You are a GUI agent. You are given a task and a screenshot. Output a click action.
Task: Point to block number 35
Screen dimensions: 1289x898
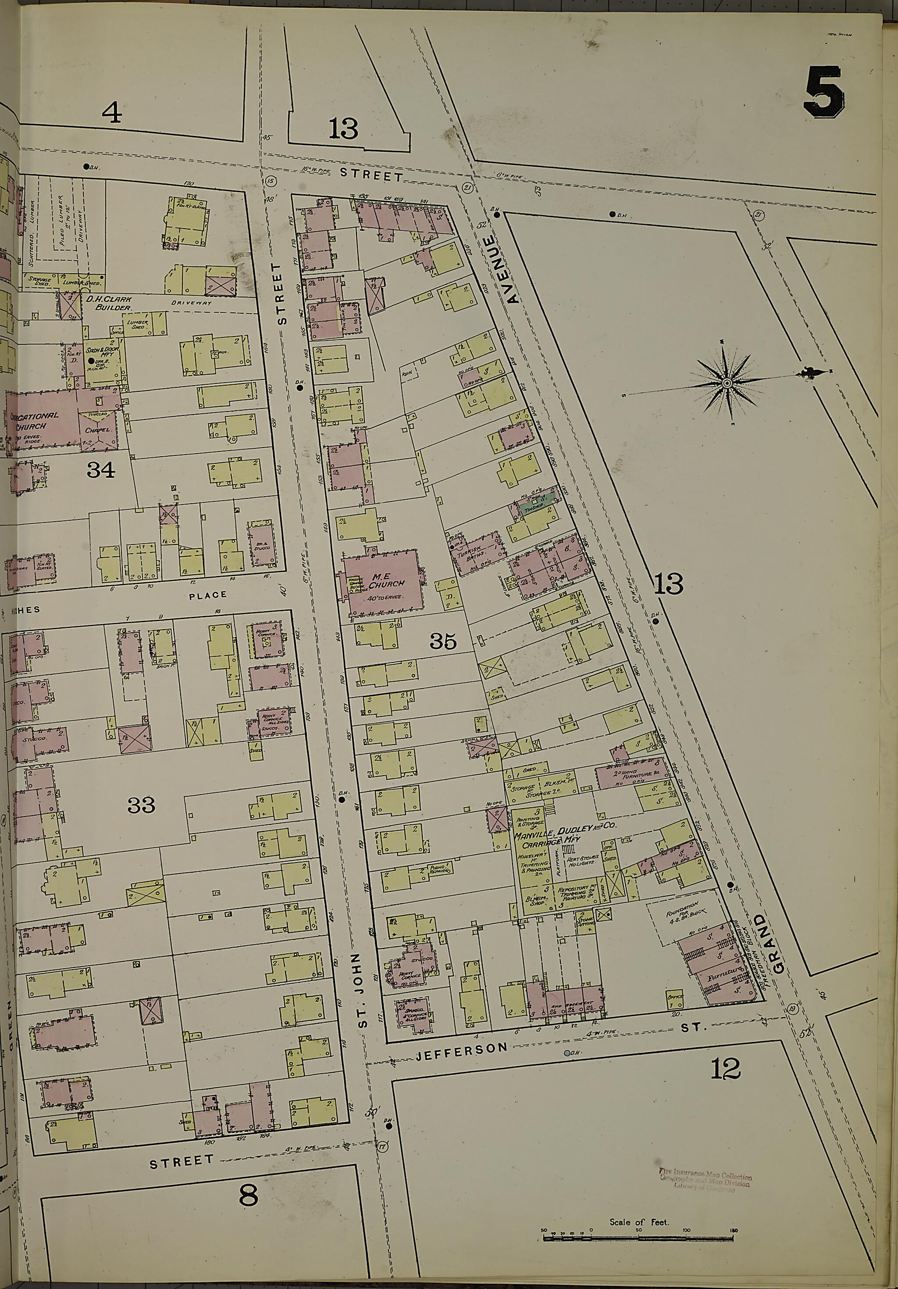[443, 641]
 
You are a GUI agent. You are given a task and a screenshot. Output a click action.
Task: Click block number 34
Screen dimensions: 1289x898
[101, 469]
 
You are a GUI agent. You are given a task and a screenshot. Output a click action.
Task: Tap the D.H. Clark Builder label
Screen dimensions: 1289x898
[108, 304]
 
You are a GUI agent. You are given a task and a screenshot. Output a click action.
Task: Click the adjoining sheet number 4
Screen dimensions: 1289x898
[112, 114]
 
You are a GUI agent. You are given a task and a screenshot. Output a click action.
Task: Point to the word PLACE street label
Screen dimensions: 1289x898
[208, 594]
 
